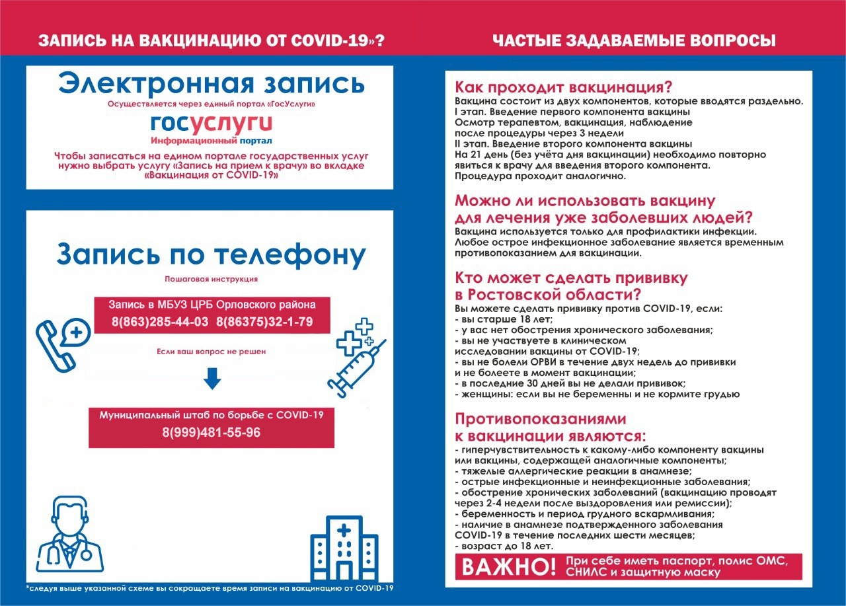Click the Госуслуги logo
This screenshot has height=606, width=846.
point(211,124)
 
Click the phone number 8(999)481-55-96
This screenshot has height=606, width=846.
point(211,433)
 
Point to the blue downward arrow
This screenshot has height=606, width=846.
point(211,378)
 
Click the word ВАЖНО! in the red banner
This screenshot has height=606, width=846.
point(509,567)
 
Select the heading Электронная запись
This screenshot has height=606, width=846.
point(211,85)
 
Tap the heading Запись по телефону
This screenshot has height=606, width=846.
point(211,255)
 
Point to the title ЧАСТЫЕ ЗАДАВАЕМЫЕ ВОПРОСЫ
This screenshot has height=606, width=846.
point(634,41)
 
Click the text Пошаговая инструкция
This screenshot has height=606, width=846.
point(211,279)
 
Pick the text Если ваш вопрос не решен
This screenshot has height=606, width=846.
point(211,352)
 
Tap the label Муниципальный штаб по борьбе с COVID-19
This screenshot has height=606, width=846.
point(211,415)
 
